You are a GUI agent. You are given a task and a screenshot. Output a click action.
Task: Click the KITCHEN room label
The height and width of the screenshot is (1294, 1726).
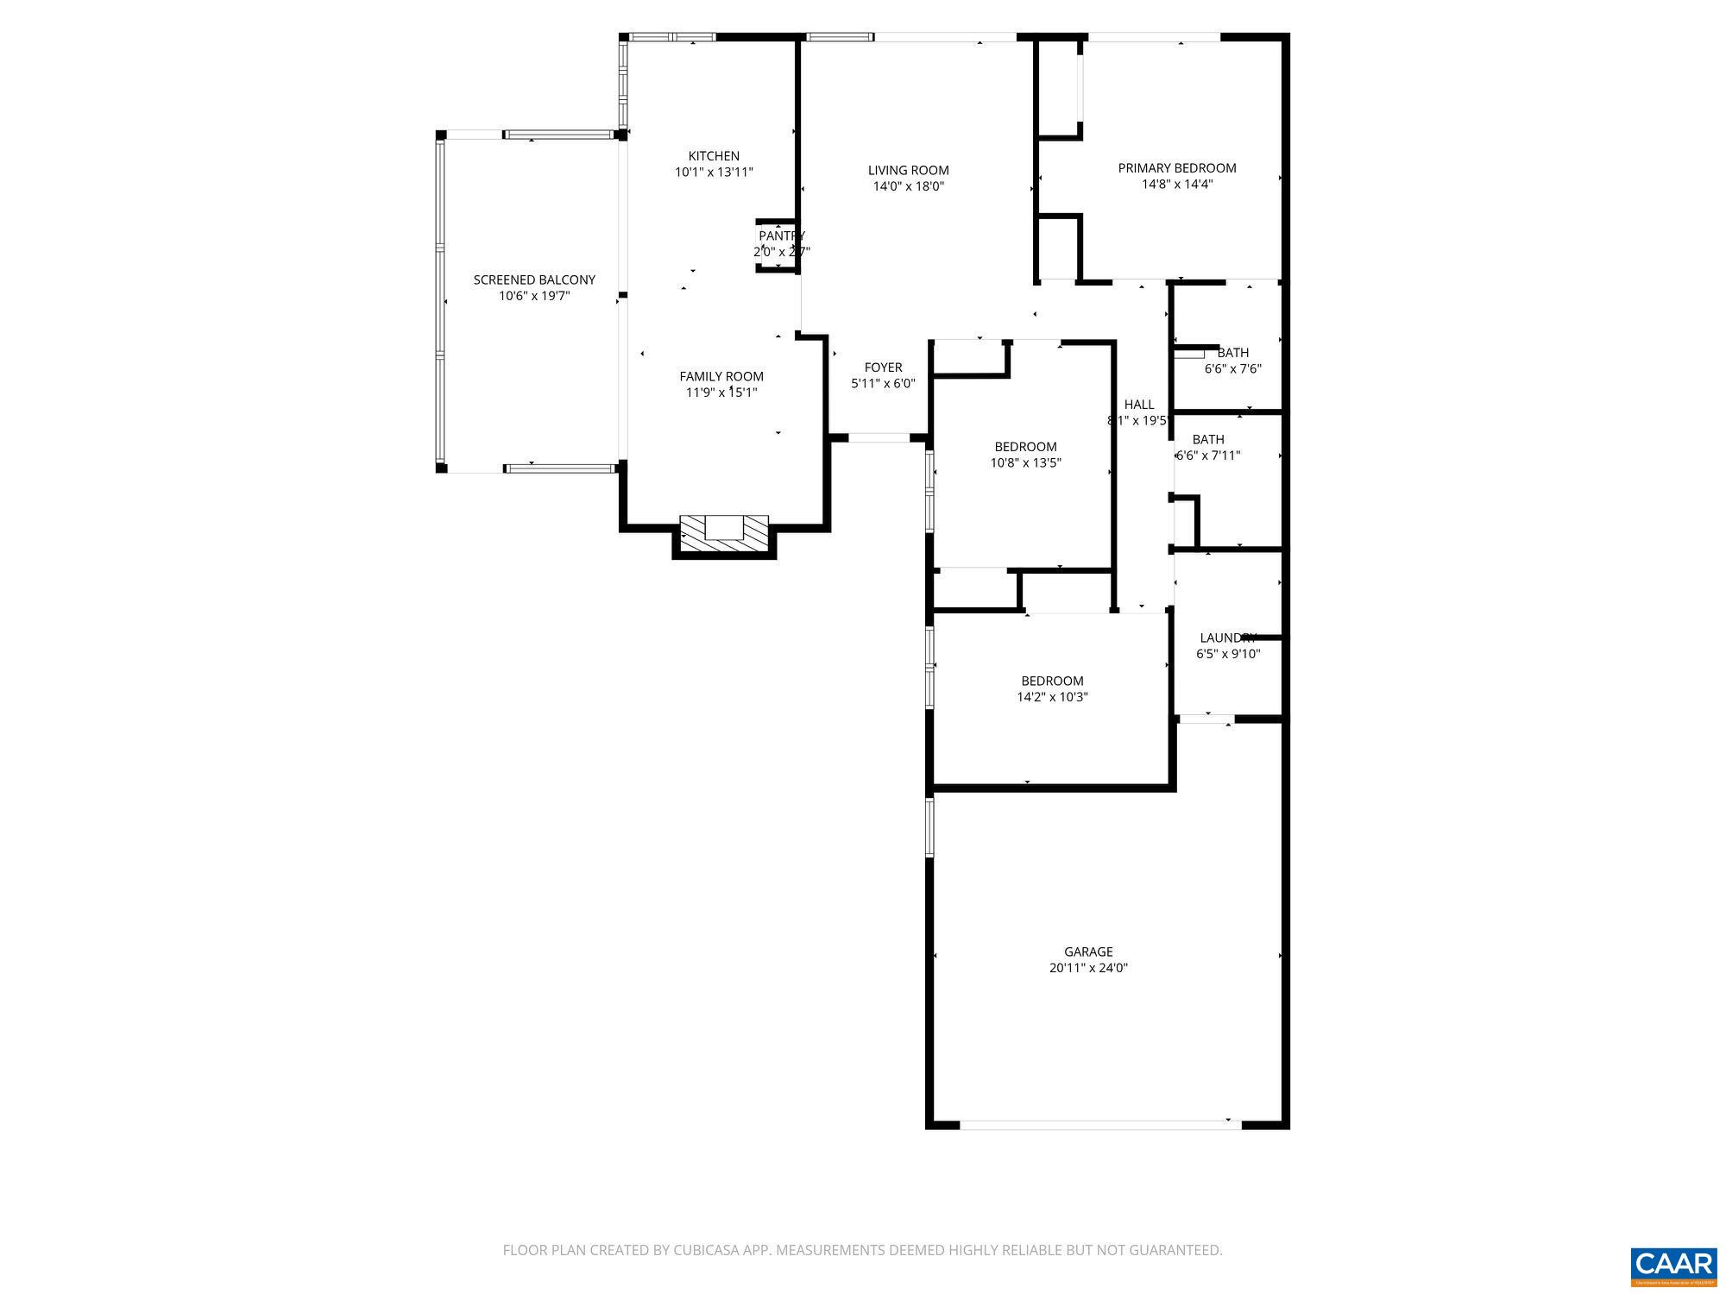(x=714, y=156)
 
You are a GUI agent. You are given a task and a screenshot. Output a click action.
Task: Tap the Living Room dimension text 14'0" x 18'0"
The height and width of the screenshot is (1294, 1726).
(x=908, y=186)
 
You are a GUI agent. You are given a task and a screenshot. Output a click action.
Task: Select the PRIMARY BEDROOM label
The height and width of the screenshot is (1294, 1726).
(x=1177, y=168)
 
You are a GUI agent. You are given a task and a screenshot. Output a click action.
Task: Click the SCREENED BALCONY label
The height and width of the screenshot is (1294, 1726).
(x=534, y=280)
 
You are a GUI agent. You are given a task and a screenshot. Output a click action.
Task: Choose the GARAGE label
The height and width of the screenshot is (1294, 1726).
(x=1088, y=952)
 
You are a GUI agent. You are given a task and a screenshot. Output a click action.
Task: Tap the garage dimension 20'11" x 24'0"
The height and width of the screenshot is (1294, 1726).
(x=1088, y=968)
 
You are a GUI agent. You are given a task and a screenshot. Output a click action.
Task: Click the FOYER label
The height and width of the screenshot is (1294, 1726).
(x=883, y=367)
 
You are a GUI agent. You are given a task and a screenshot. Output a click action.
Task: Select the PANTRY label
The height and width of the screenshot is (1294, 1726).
(x=782, y=236)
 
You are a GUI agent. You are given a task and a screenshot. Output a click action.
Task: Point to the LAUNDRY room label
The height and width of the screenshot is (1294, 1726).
(x=1227, y=638)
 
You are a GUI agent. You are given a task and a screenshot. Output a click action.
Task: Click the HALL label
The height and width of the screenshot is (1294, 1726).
(x=1139, y=405)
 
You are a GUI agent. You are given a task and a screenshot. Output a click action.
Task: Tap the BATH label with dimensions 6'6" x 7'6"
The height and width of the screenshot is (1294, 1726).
(x=1232, y=352)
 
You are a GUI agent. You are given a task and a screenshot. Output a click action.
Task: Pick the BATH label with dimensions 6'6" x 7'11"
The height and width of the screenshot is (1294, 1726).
(x=1208, y=439)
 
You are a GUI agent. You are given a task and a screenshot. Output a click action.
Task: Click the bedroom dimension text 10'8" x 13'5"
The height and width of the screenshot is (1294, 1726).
(x=1025, y=462)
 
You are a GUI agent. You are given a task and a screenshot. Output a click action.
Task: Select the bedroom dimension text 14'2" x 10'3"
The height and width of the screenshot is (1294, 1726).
(x=1052, y=697)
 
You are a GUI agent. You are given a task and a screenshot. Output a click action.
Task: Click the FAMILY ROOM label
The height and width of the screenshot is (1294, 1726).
(x=721, y=376)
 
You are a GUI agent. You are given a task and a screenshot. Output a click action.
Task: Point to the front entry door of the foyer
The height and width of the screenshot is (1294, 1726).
(x=879, y=439)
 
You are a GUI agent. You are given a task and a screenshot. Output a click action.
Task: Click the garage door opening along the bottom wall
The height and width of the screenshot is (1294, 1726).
(x=1099, y=1125)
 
